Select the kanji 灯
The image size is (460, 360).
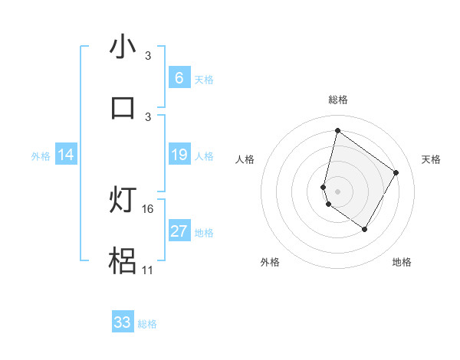coord(123,200)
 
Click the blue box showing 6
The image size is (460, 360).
coord(179,77)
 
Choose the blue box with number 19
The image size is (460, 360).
coord(179,155)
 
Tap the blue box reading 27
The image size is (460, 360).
coord(179,231)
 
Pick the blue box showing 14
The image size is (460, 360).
coord(66,155)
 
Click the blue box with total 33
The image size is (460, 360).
coord(123,322)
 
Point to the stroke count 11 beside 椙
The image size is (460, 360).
coord(148,270)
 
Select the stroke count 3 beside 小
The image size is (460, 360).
coord(148,56)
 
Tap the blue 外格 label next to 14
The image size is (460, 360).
coord(41,156)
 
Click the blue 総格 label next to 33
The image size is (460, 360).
coord(147,324)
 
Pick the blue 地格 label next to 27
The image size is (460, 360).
coord(204,233)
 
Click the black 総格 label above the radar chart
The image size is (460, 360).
coord(337,100)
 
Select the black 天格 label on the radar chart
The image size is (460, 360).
coord(431,159)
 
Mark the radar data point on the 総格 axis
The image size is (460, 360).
coord(337,131)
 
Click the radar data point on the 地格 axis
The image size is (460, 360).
coord(365,229)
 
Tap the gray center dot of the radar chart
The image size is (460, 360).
coord(337,191)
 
